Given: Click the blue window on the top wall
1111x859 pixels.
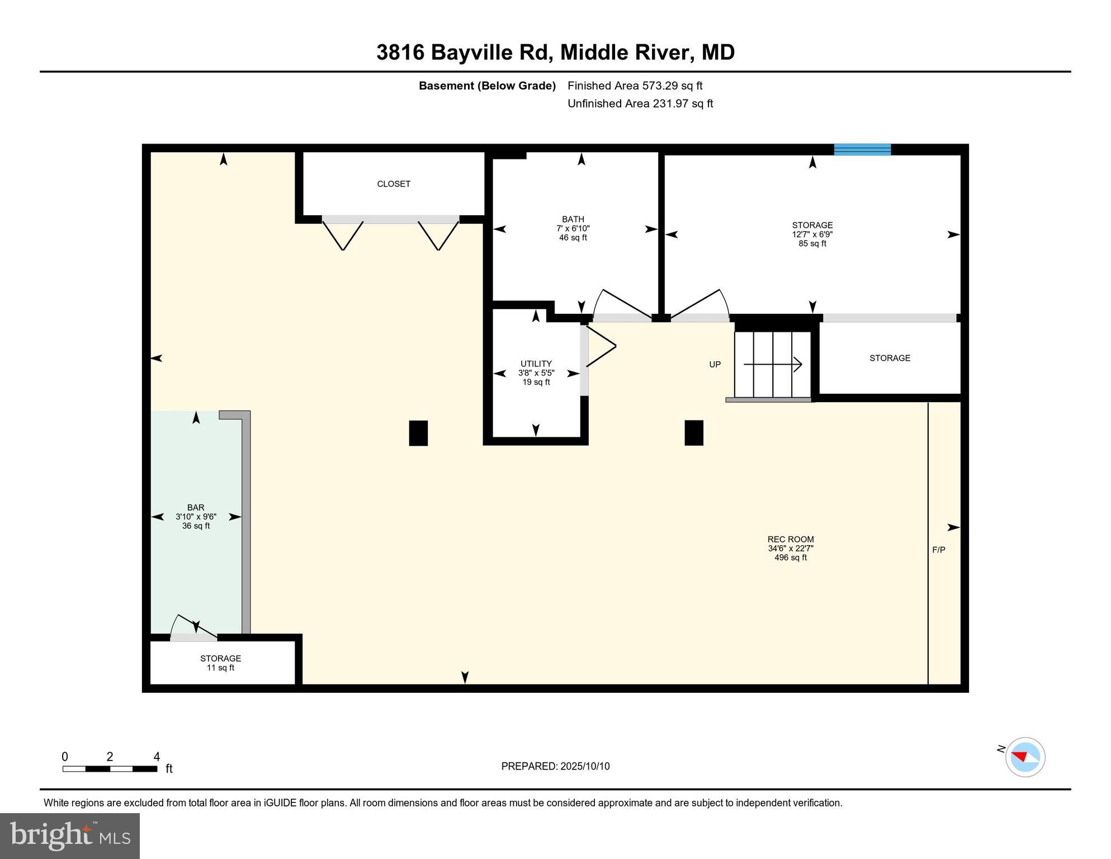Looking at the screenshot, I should [x=862, y=149].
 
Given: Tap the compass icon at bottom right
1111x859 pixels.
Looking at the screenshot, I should [x=1025, y=757].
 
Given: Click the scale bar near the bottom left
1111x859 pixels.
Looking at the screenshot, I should [x=110, y=768].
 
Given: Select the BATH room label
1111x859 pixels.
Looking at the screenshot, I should [x=573, y=219].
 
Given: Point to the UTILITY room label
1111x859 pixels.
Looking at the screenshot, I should [x=536, y=364].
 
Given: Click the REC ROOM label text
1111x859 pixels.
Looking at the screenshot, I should [x=790, y=540].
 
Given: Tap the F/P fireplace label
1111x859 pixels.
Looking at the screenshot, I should [x=939, y=550].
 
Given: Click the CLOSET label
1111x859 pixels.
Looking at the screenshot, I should [x=394, y=184].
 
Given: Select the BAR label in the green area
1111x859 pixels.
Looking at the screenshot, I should [x=196, y=508].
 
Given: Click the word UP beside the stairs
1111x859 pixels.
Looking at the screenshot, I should [x=715, y=365].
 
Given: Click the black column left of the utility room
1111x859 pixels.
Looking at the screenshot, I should [x=418, y=433].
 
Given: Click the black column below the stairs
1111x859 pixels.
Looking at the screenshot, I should [x=694, y=433].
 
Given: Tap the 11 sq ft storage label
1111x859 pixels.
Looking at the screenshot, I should [x=220, y=663].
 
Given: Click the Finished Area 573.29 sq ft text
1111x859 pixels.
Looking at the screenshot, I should [x=635, y=86].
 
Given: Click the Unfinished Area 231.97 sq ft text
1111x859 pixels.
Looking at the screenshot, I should [x=640, y=103].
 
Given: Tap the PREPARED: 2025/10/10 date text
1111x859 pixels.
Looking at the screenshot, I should [x=555, y=766].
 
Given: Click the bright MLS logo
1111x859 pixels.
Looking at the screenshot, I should [x=70, y=836].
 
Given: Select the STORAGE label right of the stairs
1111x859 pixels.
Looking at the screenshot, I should [x=890, y=358].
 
